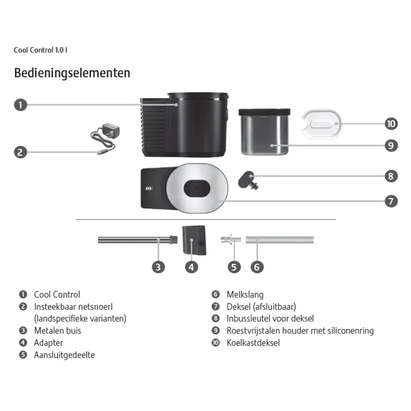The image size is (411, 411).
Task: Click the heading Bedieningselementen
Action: pos(72,73)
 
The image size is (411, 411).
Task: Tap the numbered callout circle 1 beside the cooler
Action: pos(21,105)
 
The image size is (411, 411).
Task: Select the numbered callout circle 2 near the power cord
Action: pos(21,152)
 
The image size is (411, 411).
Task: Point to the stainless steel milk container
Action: pos(265,132)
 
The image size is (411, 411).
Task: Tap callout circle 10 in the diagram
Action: pos(391,124)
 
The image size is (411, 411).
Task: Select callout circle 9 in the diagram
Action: pos(391,145)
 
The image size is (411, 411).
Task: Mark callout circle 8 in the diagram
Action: pos(391,176)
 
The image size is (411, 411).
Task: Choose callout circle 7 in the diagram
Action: pos(391,201)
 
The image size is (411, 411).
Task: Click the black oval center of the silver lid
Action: pos(197,188)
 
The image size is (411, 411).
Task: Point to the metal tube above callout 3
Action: pos(138,240)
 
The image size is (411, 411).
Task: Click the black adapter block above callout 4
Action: pos(194,240)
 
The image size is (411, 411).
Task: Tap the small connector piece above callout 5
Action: pos(231,239)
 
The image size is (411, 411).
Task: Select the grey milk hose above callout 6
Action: pos(279,239)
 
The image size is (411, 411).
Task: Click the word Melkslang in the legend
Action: pos(245,294)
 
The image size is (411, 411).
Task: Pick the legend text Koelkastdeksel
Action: pos(253,343)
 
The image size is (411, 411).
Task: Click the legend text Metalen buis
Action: pos(58,331)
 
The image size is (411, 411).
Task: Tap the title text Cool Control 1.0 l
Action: pos(41,50)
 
